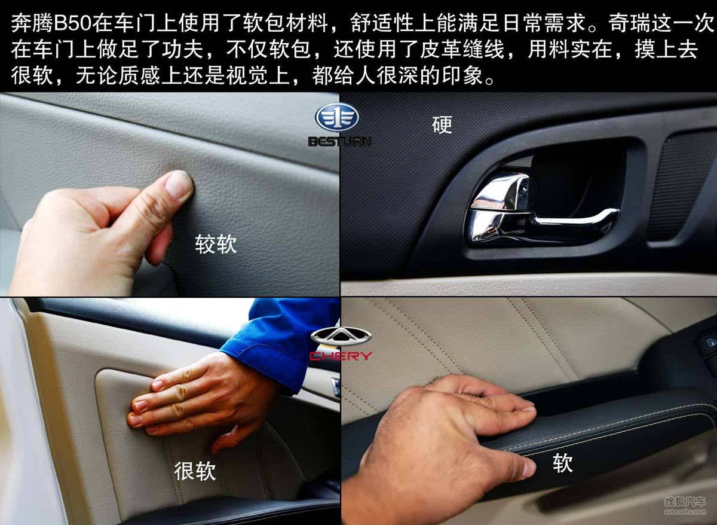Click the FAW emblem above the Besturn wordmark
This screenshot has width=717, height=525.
[x=337, y=118]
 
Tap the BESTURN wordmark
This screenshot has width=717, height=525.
[x=339, y=142]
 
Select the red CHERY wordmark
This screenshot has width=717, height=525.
[x=341, y=356]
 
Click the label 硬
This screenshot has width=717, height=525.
[x=442, y=124]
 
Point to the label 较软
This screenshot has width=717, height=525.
[x=216, y=244]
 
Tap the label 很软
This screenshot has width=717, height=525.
[x=195, y=471]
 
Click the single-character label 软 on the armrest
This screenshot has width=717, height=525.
[x=562, y=462]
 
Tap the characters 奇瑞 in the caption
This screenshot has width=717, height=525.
[x=630, y=23]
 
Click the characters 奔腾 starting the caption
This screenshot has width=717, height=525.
[x=32, y=23]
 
